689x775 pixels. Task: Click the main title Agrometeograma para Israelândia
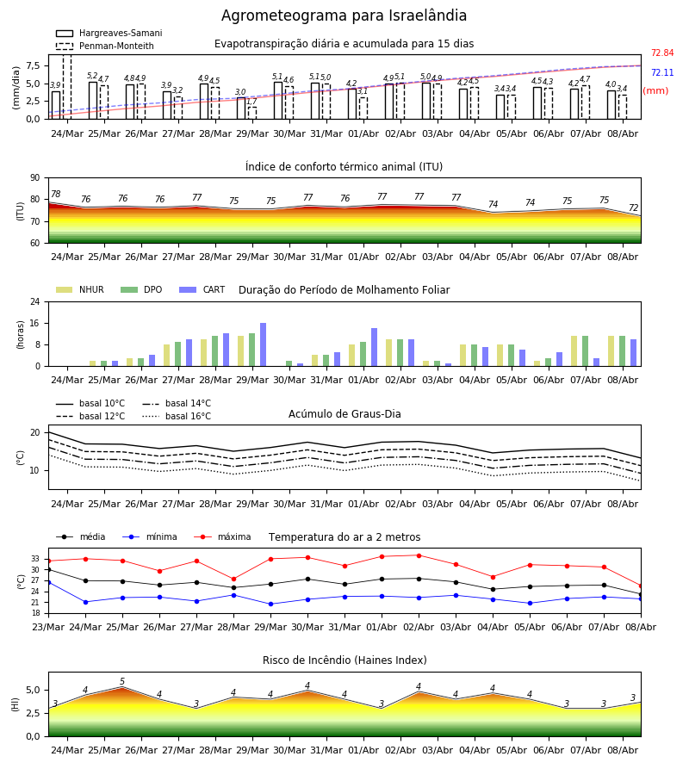coord(344,15)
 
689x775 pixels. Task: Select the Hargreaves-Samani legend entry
coord(109,33)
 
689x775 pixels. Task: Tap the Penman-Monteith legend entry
coord(105,46)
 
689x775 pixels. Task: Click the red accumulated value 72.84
coord(662,53)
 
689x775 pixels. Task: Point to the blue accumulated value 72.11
coord(662,72)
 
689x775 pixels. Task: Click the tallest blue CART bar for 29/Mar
coord(263,344)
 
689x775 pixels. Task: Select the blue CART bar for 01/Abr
coord(374,347)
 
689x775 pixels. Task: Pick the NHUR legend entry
coord(80,289)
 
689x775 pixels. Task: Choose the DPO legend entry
coord(141,289)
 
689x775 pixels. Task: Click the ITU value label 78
coord(56,195)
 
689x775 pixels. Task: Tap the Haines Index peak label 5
coord(122,682)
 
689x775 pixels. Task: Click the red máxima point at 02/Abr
coord(419,555)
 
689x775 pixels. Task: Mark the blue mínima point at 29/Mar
coord(270,604)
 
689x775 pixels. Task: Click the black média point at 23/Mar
coord(48,570)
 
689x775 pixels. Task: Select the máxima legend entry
coord(222,536)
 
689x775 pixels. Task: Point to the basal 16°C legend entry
coord(177,416)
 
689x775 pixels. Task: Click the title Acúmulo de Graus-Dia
coord(344,413)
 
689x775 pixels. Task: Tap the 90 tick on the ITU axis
coord(35,178)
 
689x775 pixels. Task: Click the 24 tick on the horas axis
coord(35,301)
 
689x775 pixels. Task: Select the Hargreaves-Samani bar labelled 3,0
coord(241,108)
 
